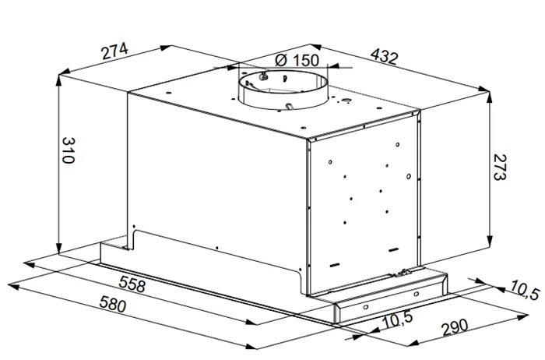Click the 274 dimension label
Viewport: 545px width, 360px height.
click(x=114, y=51)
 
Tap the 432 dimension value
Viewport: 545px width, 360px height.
click(x=384, y=56)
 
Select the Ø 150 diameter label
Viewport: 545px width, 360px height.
click(x=297, y=61)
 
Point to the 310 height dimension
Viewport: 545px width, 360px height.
click(x=69, y=150)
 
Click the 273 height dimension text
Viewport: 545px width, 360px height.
click(x=500, y=168)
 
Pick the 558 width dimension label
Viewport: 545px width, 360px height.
click(x=132, y=284)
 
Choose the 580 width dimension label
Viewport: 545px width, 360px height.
click(x=113, y=304)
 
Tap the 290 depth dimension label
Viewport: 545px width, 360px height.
click(x=455, y=327)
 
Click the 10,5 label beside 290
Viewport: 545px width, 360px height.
click(x=397, y=320)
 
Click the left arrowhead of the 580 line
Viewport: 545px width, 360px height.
click(x=14, y=287)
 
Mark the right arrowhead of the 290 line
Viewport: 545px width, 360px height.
click(x=522, y=317)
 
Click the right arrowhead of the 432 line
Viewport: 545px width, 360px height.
click(x=483, y=90)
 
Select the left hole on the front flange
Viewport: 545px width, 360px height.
click(x=366, y=308)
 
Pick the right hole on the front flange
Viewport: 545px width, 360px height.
click(x=417, y=295)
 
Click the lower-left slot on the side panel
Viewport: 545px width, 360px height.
click(x=334, y=265)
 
